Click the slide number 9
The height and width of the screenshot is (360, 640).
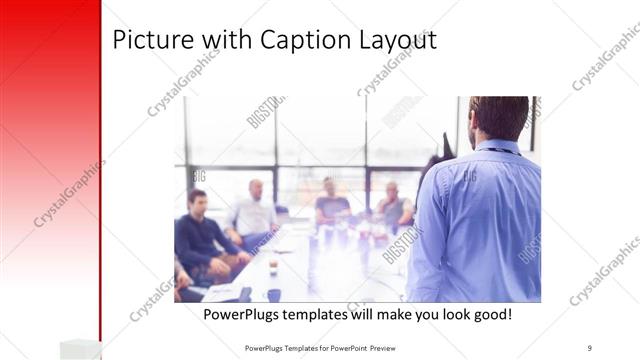click(x=590, y=347)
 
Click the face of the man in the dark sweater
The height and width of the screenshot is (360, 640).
click(x=197, y=199)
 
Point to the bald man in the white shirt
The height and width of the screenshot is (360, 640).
click(x=254, y=210)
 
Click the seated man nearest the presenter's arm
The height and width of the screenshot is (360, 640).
click(x=392, y=204)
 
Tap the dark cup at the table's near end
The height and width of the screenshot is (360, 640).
click(x=274, y=295)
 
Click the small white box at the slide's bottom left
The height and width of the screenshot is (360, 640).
click(x=80, y=348)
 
